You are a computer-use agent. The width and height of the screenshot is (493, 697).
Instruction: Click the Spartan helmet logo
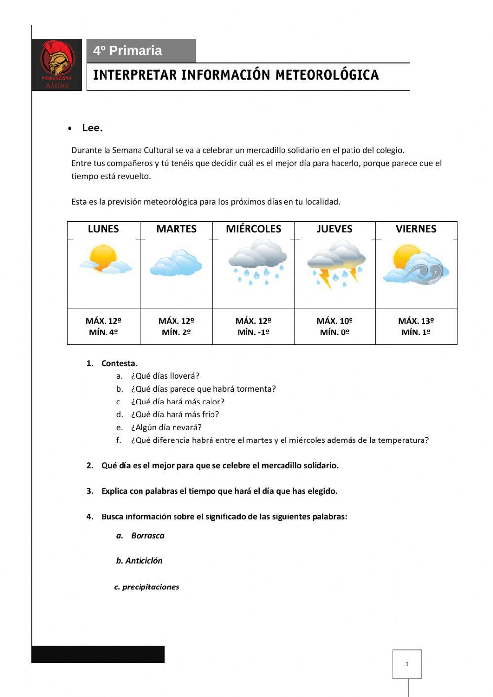57,62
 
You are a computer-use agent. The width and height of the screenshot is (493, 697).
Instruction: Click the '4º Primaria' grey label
141,51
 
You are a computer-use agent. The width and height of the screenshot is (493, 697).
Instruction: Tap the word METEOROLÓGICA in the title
327,75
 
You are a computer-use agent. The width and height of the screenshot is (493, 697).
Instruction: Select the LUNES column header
103,229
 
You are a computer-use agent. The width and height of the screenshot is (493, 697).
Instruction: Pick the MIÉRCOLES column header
253,229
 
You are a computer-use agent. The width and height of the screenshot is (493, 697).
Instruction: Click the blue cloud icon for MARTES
176,263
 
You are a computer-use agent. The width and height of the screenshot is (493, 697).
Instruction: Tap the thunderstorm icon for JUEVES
336,263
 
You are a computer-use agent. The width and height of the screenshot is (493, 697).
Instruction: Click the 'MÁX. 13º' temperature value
416,321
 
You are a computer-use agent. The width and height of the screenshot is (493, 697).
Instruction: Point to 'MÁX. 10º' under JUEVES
335,321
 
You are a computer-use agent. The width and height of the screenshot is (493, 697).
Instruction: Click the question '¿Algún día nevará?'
166,428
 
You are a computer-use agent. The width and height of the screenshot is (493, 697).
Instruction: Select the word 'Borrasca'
147,536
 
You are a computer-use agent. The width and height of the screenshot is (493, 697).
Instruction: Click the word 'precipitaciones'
150,587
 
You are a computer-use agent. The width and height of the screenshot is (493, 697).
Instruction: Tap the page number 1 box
407,664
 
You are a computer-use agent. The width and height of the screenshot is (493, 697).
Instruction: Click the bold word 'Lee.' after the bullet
92,128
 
